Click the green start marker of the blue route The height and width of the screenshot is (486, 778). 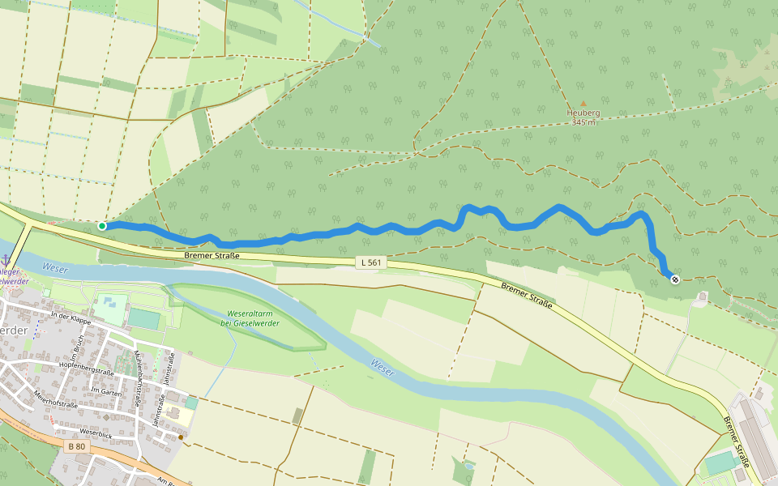102,226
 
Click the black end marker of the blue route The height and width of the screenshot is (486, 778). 675,279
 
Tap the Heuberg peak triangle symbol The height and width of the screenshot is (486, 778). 582,104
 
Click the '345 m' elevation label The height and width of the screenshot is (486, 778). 583,122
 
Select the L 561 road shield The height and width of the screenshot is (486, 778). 370,262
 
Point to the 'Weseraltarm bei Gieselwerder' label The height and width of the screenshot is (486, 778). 249,318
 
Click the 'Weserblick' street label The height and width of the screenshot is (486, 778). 96,433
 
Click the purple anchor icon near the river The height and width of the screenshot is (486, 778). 6,259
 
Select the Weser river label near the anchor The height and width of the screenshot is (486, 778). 55,267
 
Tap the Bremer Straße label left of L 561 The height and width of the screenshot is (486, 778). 212,256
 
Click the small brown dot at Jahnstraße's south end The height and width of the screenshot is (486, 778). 181,437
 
